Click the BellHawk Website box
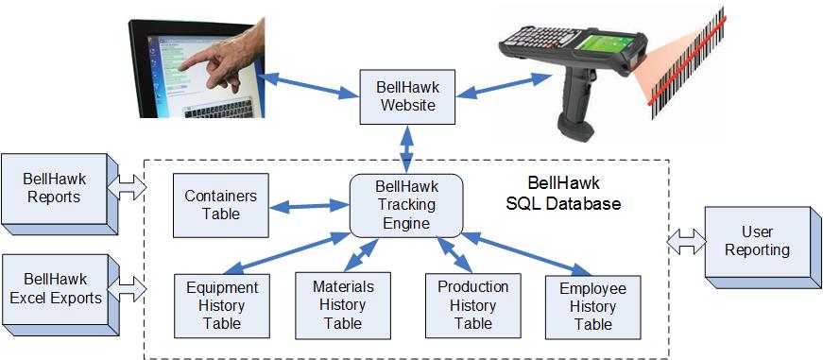coord(407,95)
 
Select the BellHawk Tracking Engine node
coord(407,204)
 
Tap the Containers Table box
coord(212,204)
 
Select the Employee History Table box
coord(592,305)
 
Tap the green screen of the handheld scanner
coord(602,44)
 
